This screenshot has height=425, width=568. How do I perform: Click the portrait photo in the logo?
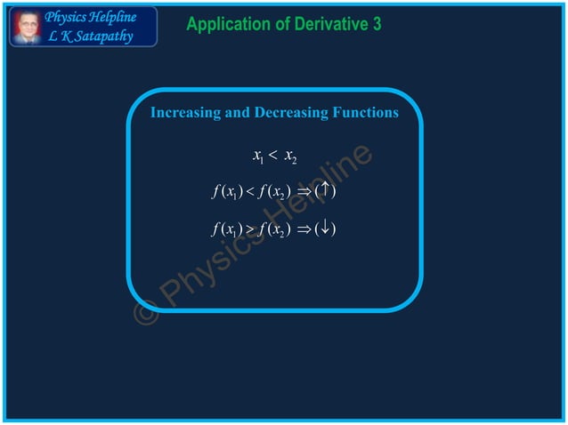[x=27, y=27]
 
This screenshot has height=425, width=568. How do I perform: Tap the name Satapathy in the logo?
[x=101, y=36]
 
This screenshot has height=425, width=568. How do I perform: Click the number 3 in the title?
[x=377, y=25]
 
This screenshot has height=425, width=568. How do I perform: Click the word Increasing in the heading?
[x=183, y=113]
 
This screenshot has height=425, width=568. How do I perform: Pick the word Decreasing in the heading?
[x=291, y=113]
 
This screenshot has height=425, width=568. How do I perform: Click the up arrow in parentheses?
[x=325, y=190]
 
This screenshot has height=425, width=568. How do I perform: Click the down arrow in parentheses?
[x=325, y=229]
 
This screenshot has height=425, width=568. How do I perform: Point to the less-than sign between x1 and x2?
[x=274, y=157]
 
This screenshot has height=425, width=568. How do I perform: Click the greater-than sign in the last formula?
[x=251, y=230]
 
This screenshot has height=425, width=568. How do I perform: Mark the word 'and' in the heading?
[x=238, y=113]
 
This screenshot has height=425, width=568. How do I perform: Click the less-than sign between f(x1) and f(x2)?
[x=251, y=191]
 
